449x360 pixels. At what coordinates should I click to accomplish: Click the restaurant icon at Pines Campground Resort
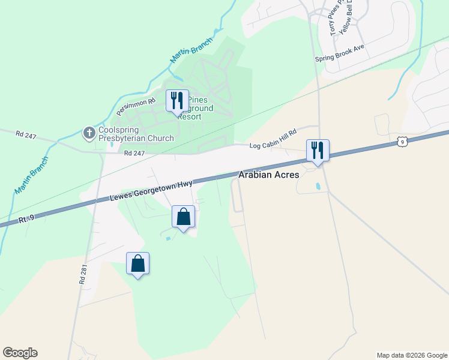pos(176,100)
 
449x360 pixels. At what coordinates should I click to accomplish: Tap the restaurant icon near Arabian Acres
pos(318,150)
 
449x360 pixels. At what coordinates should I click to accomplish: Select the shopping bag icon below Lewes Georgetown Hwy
pos(184,217)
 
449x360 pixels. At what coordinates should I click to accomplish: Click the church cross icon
pos(89,133)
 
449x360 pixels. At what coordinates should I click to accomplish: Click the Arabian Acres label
pos(268,175)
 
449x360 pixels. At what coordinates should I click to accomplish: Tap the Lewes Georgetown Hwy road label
pos(151,190)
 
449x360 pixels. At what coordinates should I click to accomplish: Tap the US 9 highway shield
pos(402,142)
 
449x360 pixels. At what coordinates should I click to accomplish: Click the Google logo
pos(20,353)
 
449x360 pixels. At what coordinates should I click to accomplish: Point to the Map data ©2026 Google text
pos(411,355)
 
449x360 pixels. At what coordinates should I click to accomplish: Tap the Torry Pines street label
pos(334,18)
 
